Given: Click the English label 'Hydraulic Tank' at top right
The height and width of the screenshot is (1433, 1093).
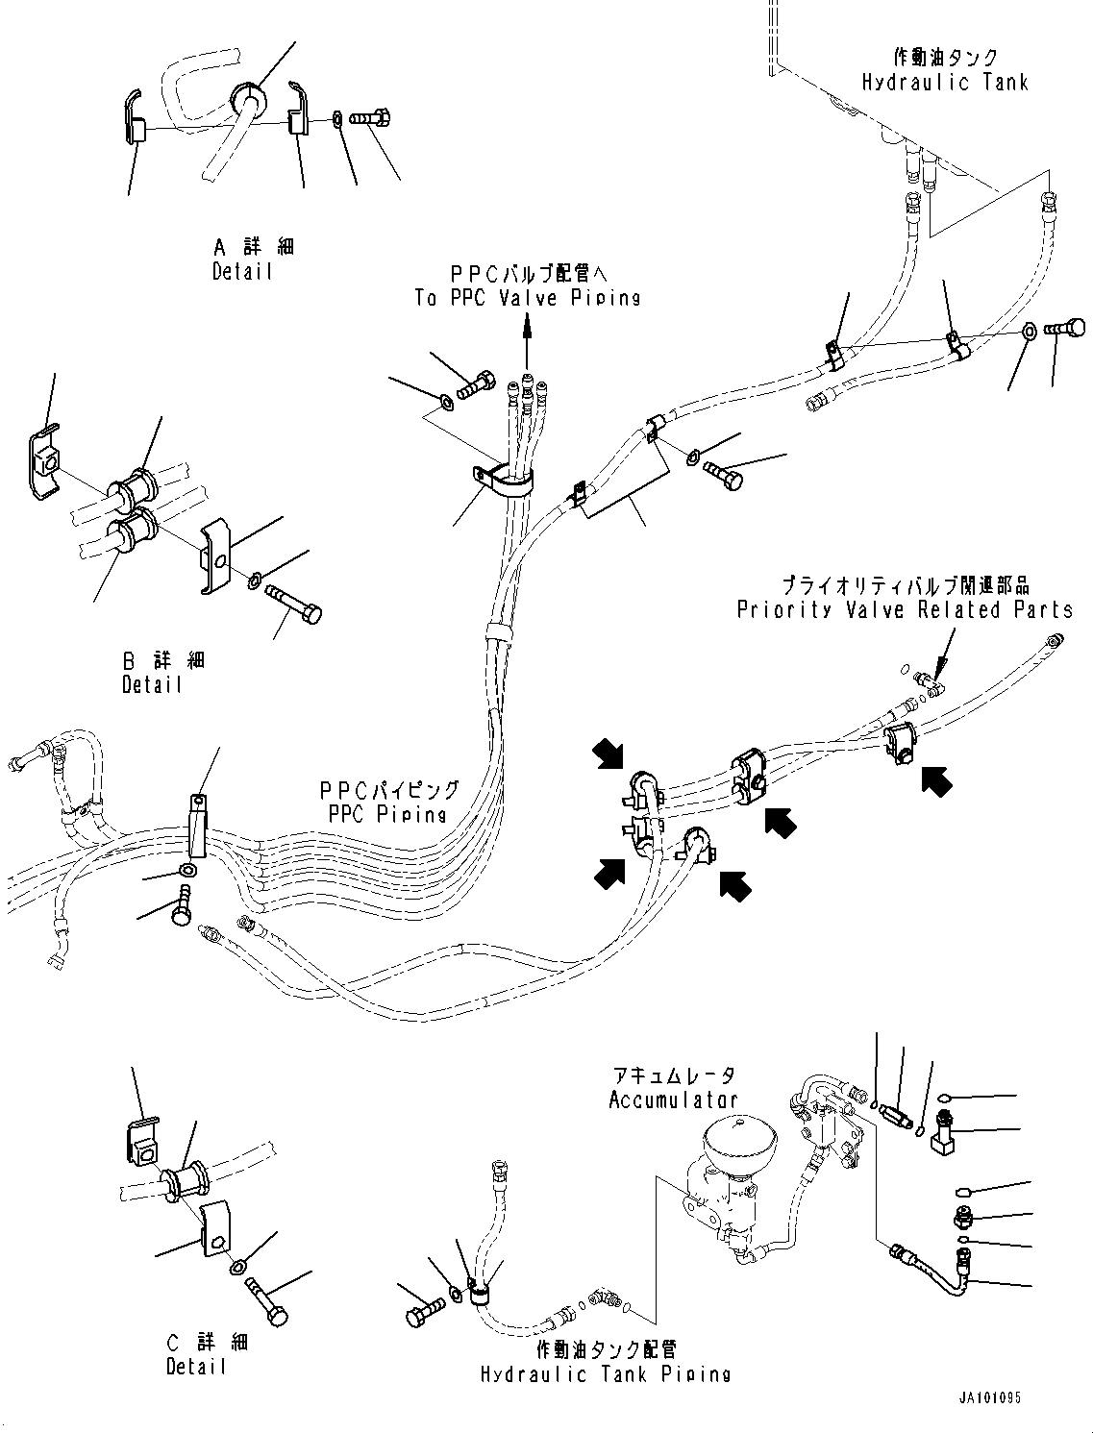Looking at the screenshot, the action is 945,83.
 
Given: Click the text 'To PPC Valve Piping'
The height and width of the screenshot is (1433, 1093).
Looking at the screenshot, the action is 527,298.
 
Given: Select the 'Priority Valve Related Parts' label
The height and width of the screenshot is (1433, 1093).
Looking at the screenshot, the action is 905,609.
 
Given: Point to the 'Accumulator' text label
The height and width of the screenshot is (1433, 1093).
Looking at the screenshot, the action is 673,1100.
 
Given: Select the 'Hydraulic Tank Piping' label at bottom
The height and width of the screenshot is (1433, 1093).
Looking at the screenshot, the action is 606,1374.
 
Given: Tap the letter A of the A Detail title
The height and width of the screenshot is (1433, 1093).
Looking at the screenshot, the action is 220,247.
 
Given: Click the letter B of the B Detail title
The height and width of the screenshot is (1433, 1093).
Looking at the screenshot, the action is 129,661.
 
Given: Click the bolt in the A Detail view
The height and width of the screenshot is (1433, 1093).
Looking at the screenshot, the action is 370,119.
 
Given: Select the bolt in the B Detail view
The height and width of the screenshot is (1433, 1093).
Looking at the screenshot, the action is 294,604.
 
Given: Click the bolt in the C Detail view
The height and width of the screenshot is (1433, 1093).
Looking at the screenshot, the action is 267,1302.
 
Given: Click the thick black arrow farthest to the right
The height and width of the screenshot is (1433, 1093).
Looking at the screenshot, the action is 937,781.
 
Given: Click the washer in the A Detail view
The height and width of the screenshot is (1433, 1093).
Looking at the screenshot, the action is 336,119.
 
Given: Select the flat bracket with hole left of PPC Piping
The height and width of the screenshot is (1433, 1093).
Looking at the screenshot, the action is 197,824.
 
